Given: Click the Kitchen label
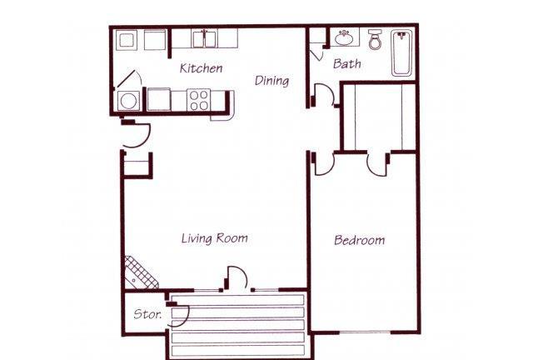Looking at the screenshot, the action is click(x=201, y=68).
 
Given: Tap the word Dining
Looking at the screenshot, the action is click(x=272, y=81).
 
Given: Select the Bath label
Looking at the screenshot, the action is click(x=346, y=63).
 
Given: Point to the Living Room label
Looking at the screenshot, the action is click(x=215, y=238).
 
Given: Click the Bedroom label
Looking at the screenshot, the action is click(x=359, y=240).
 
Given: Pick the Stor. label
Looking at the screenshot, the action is click(x=147, y=313).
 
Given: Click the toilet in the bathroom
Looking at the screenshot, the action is click(x=375, y=39).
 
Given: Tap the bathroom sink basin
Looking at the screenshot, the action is click(x=344, y=38).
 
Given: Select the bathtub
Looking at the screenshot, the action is click(x=401, y=52).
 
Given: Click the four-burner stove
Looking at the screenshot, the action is click(x=199, y=100).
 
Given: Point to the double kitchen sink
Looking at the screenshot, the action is click(x=204, y=39).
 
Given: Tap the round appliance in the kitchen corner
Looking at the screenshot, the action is click(x=128, y=101).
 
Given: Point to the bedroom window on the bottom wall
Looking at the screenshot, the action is click(x=365, y=332).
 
